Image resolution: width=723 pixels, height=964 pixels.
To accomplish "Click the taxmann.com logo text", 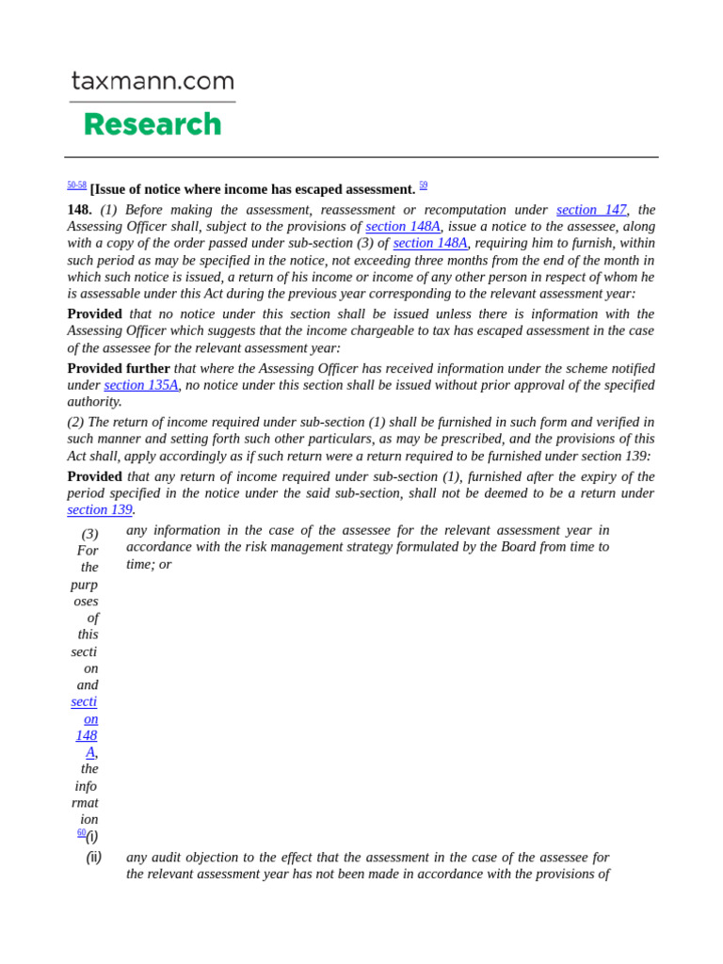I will coord(153,81).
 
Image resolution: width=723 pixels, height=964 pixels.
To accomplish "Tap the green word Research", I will coord(153,124).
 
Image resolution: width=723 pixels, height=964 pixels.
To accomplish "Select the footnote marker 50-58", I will coord(76,185).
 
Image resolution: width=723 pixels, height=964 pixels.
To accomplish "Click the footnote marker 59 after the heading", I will coord(424,185).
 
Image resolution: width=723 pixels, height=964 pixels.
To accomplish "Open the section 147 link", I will coord(591,210).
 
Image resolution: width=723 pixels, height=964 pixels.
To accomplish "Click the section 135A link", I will coord(141,385).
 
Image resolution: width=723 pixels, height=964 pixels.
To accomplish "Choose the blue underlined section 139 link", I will coord(100,509).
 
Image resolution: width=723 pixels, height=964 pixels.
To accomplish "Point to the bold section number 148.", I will coord(79,210).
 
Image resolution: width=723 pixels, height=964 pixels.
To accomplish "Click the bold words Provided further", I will coord(119,368).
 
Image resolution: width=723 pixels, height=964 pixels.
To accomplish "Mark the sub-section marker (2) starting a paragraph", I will coord(75,423).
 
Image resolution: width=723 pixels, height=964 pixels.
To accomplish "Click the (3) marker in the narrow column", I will coord(89,534).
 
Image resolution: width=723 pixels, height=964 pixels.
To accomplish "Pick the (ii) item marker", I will coord(94,858).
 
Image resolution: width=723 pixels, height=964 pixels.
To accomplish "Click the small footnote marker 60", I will coord(81,833).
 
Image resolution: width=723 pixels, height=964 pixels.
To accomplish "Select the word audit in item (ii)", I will coord(171,858).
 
